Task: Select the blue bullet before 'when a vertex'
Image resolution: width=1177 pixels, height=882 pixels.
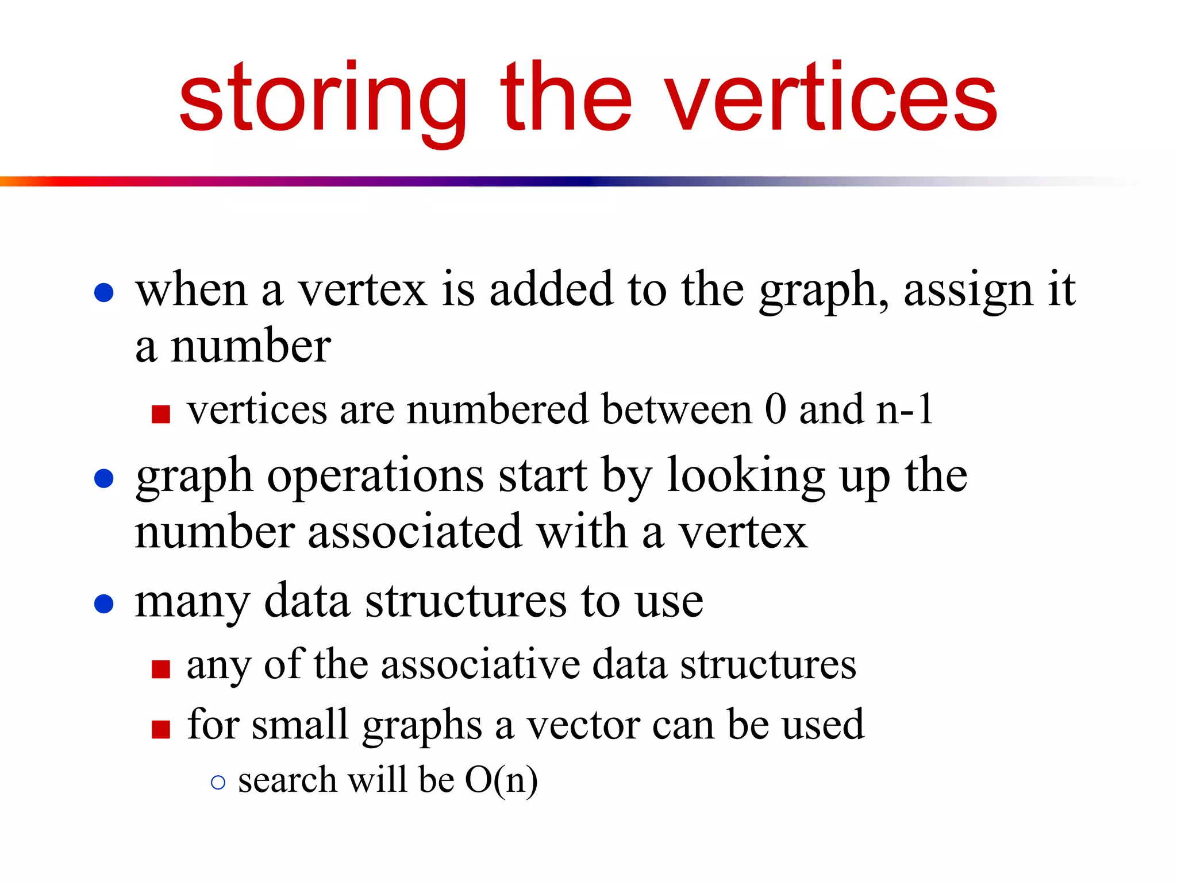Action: pyautogui.click(x=104, y=292)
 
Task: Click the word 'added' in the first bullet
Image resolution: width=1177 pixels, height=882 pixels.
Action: pyautogui.click(x=551, y=289)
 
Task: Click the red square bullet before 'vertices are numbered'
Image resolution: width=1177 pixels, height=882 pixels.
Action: pyautogui.click(x=161, y=413)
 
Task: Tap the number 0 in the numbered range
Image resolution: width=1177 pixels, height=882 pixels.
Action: pyautogui.click(x=775, y=409)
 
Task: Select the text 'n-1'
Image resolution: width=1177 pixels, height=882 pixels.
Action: pyautogui.click(x=904, y=409)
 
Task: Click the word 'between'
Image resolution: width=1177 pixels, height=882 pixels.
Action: pyautogui.click(x=677, y=409)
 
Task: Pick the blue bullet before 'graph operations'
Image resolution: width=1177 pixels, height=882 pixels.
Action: pyautogui.click(x=104, y=478)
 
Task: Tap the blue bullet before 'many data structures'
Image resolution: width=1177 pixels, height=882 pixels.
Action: pyautogui.click(x=104, y=604)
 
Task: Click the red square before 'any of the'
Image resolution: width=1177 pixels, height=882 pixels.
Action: pyautogui.click(x=161, y=669)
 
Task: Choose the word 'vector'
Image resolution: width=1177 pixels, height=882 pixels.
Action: pyautogui.click(x=583, y=725)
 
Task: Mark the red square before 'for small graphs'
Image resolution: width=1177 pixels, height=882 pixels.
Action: pyautogui.click(x=161, y=729)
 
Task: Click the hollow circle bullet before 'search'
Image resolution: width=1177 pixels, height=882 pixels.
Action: pyautogui.click(x=218, y=782)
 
